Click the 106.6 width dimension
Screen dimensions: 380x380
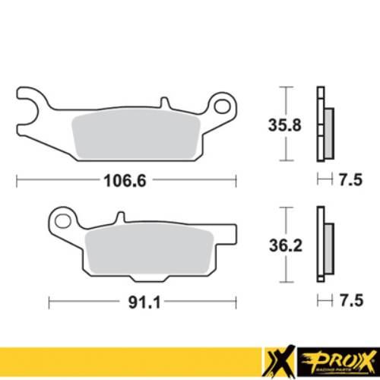(x=124, y=181)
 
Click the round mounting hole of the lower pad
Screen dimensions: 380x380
(x=61, y=220)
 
